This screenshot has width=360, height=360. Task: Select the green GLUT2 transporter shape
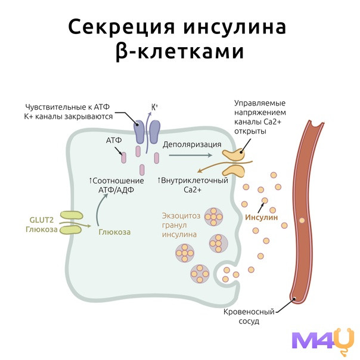70,222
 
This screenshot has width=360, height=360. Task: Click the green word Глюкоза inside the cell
114,232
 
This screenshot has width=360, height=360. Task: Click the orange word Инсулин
262,217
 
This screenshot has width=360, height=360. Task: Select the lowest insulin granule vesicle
198,274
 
